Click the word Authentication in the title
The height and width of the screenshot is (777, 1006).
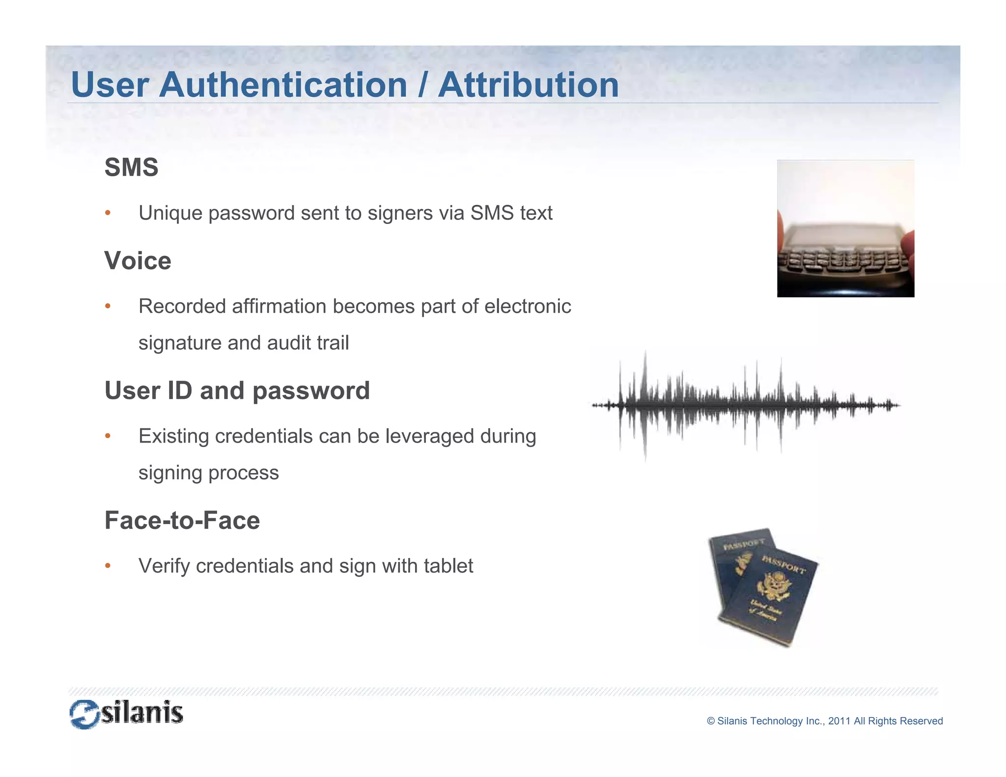pyautogui.click(x=283, y=85)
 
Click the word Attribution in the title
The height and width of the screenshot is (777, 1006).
pyautogui.click(x=528, y=85)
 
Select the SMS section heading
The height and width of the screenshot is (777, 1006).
pyautogui.click(x=131, y=167)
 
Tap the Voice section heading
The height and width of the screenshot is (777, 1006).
pyautogui.click(x=138, y=261)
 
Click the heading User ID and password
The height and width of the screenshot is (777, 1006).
pyautogui.click(x=237, y=391)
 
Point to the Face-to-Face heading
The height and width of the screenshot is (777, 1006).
pyautogui.click(x=182, y=521)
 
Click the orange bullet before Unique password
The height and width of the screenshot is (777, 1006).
pyautogui.click(x=108, y=213)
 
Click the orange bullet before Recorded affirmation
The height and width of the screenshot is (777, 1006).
pyautogui.click(x=108, y=306)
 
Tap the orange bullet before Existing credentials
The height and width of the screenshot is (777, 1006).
pyautogui.click(x=108, y=436)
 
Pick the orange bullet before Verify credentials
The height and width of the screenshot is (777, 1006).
pyautogui.click(x=108, y=566)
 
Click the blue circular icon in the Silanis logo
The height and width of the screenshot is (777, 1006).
pyautogui.click(x=84, y=714)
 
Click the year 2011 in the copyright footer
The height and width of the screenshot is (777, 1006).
pyautogui.click(x=839, y=721)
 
